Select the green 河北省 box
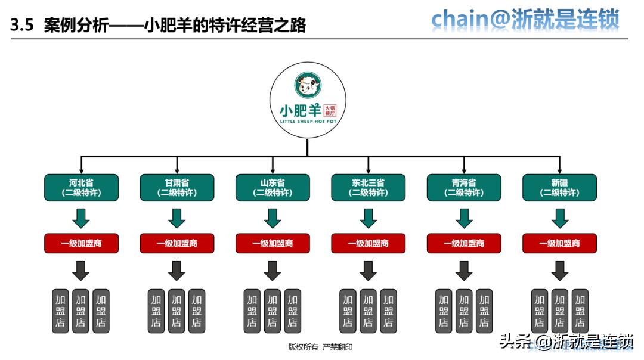[82, 187]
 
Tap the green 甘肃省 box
[177, 187]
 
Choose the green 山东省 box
[273, 187]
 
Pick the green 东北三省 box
[368, 187]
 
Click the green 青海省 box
[464, 187]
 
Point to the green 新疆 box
[559, 187]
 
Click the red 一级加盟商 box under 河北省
[82, 243]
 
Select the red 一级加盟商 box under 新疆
[559, 243]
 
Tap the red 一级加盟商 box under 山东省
[273, 243]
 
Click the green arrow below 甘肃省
[177, 219]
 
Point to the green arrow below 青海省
[464, 219]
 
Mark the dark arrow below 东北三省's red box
[368, 271]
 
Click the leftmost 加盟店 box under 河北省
[61, 311]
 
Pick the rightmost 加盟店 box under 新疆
[580, 311]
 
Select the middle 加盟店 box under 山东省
[273, 311]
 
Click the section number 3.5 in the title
[21, 26]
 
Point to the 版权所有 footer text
[304, 347]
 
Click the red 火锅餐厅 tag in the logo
[330, 110]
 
